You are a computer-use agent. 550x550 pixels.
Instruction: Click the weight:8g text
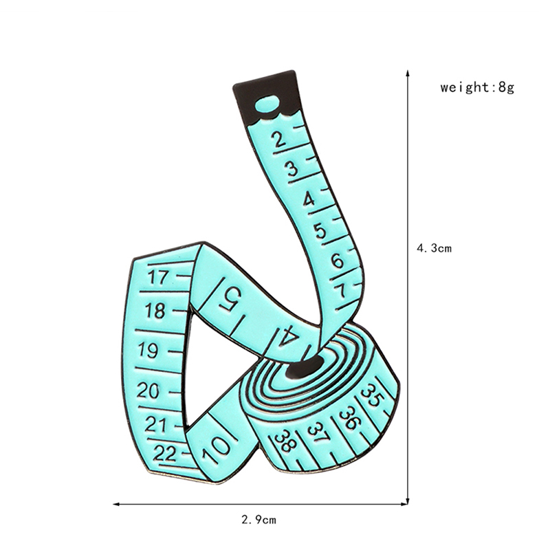coord(477,87)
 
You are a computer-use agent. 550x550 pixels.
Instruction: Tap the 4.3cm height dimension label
coord(434,248)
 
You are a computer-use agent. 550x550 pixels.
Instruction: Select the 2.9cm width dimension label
coord(259,520)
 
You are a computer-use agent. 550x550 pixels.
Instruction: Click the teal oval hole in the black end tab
coord(267,104)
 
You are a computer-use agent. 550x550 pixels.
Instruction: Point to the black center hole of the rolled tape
coord(305,366)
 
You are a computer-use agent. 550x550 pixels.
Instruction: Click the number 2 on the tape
coord(280,139)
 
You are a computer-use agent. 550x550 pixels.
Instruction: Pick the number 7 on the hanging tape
coord(340,291)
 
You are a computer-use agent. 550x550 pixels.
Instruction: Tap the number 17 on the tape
coord(158,277)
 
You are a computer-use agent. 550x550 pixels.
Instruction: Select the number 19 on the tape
coord(148,350)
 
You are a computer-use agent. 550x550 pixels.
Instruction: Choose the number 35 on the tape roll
coord(372,395)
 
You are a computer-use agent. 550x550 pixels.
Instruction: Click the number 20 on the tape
coord(148,390)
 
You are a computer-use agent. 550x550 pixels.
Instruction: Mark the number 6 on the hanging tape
coord(337,261)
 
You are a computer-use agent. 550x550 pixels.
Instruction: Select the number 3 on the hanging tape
coord(291,169)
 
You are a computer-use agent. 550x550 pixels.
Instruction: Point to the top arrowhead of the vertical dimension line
coord(408,74)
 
